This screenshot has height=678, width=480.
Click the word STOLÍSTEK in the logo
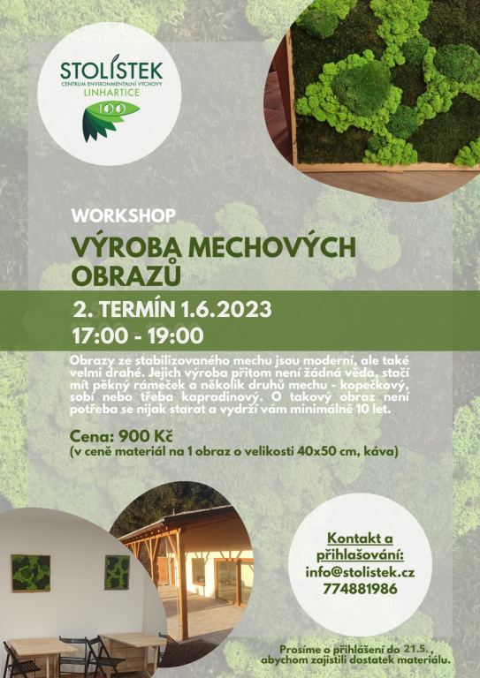click(x=111, y=70)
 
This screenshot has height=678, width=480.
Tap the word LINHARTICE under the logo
click(x=111, y=93)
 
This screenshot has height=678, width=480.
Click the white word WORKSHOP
click(x=124, y=215)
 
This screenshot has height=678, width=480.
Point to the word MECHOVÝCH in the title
click(x=271, y=248)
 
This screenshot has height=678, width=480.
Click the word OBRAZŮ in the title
click(x=126, y=275)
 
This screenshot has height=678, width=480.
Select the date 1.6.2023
click(x=226, y=310)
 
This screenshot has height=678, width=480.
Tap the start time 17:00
click(x=100, y=336)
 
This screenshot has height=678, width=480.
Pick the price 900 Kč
click(x=146, y=436)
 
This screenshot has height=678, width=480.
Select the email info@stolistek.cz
click(x=360, y=572)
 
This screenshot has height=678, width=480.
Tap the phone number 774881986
click(x=360, y=589)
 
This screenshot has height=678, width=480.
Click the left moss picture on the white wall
click(x=31, y=573)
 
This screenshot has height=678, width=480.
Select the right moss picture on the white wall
click(x=118, y=572)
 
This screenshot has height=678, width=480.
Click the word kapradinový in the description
click(x=223, y=397)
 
